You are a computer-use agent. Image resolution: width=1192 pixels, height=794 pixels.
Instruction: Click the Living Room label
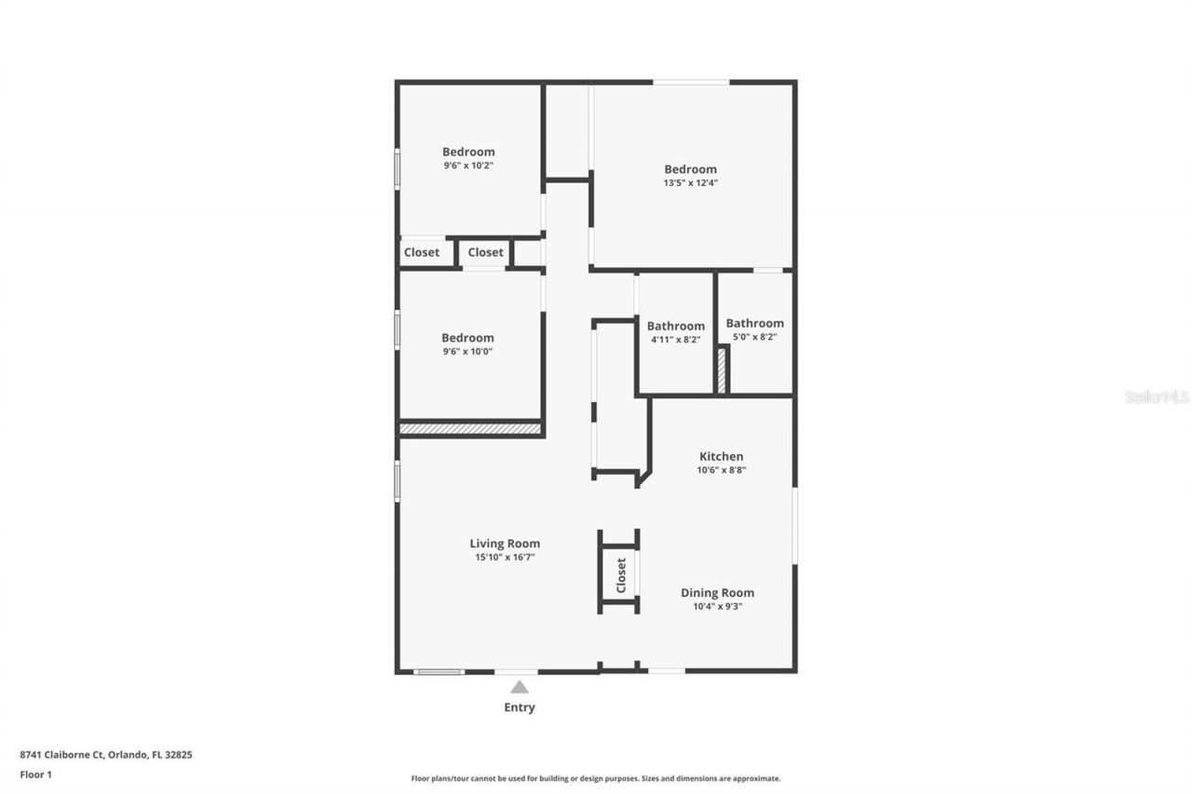[x=505, y=544]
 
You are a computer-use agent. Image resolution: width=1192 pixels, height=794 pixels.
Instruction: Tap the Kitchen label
[x=722, y=456]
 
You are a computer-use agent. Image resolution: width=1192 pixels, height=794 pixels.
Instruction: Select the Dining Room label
[x=717, y=593]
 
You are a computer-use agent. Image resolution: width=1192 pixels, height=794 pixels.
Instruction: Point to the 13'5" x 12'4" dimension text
[x=691, y=183]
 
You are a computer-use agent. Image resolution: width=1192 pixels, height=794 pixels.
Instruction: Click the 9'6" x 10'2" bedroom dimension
[x=468, y=166]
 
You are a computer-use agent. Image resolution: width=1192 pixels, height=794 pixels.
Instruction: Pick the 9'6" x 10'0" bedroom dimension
[x=468, y=352]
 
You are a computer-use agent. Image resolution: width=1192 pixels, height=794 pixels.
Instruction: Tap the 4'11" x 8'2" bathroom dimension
[x=676, y=340]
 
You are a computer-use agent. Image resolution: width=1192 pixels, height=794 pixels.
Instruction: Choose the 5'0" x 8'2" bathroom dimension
[x=755, y=337]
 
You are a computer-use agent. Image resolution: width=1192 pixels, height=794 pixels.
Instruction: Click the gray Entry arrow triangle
[x=520, y=687]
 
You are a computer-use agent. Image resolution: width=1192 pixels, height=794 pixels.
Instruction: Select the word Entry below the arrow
[x=520, y=707]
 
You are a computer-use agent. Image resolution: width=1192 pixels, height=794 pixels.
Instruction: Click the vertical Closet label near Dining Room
[x=621, y=575]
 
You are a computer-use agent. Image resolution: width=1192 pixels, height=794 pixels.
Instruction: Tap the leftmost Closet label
[x=422, y=252]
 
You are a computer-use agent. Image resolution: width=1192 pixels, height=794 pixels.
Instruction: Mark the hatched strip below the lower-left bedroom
[x=470, y=429]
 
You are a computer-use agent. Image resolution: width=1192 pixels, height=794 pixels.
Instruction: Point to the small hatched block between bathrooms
[x=722, y=370]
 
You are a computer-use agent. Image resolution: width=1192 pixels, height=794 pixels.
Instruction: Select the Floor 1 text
[x=36, y=774]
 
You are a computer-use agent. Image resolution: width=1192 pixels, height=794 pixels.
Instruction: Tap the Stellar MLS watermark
[x=1157, y=397]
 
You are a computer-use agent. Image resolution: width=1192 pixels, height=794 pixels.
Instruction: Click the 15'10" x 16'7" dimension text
[x=505, y=558]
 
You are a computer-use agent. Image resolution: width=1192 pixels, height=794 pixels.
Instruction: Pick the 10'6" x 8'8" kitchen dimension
[x=722, y=470]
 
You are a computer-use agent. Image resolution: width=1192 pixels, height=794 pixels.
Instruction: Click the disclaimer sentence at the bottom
[x=596, y=778]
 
